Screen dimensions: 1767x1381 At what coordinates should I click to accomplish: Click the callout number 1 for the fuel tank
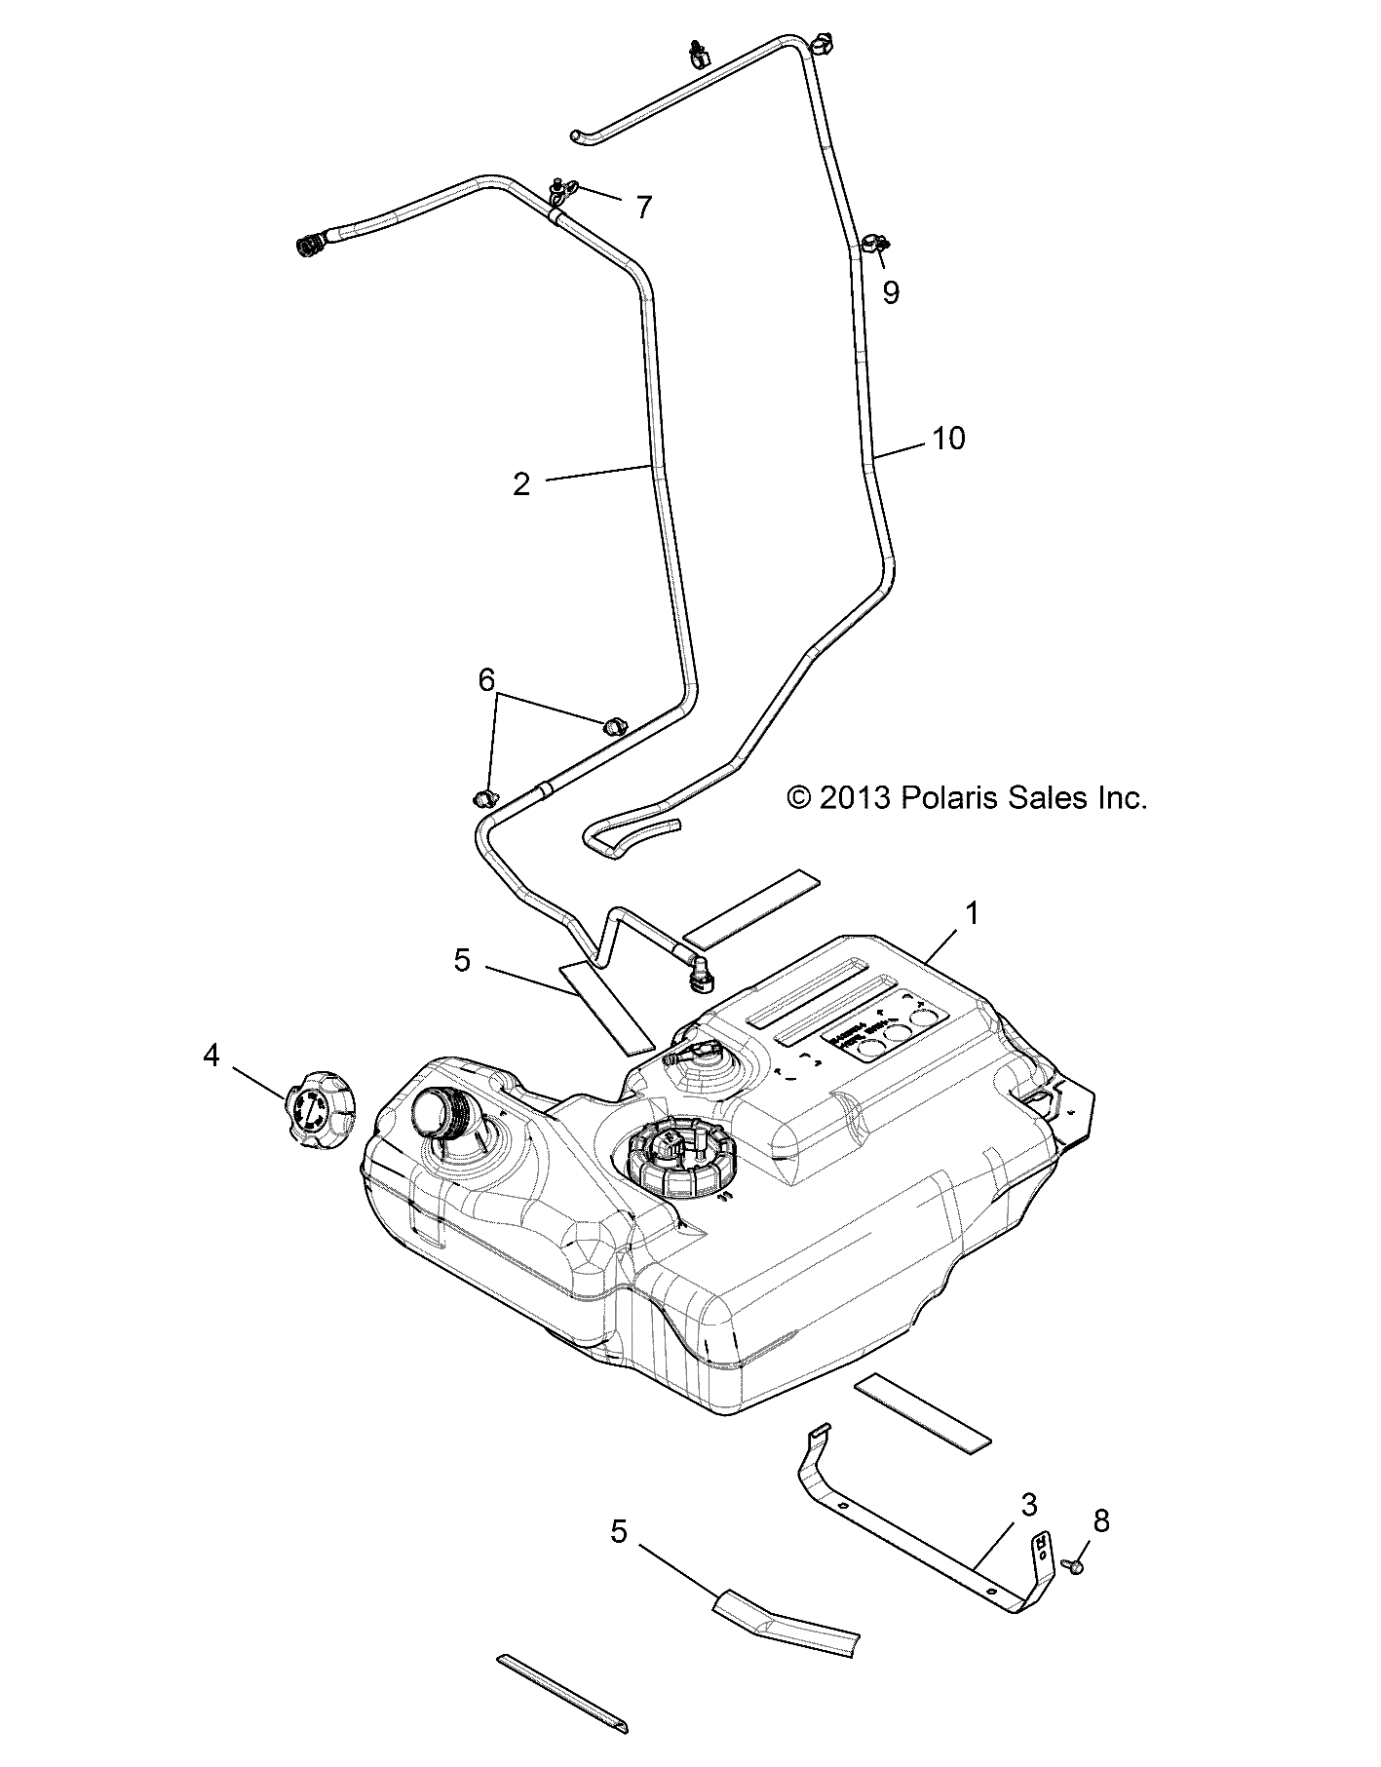(971, 914)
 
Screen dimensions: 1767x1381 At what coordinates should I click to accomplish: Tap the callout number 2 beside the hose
(522, 484)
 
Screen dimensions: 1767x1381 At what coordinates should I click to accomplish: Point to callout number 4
(211, 1055)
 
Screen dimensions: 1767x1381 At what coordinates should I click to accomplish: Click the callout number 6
(486, 679)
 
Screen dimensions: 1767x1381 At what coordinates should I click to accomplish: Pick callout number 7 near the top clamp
(643, 207)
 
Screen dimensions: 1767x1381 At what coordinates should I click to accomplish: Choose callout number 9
(891, 291)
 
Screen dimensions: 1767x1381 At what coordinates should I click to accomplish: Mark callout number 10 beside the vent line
(948, 439)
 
